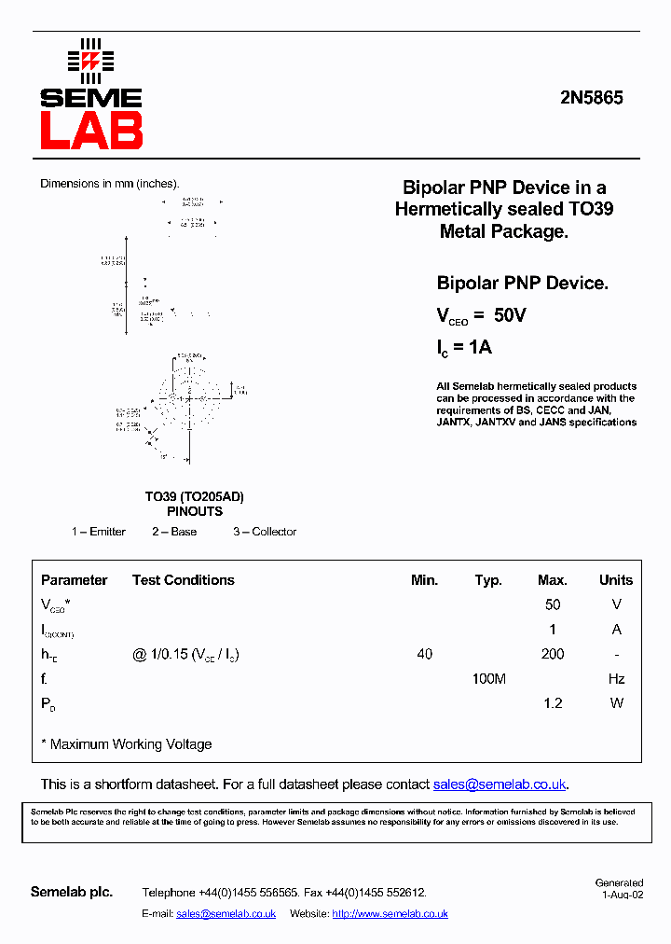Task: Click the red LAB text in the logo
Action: (x=90, y=131)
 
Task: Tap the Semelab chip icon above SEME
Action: (x=90, y=61)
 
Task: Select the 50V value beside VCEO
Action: (x=510, y=315)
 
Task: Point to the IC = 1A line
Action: (x=464, y=348)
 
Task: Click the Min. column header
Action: (x=424, y=580)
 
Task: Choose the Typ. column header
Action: (x=488, y=580)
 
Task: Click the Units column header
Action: (x=616, y=580)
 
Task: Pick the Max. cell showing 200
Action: (x=553, y=654)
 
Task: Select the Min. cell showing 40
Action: (x=424, y=654)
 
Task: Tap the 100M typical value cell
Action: (x=488, y=679)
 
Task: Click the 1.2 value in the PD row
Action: (x=553, y=703)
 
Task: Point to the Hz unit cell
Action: (x=616, y=679)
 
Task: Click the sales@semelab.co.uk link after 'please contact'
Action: (x=500, y=784)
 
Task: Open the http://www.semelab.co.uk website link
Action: (x=390, y=914)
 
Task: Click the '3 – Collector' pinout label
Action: (x=265, y=532)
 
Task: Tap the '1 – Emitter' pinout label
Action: (x=99, y=532)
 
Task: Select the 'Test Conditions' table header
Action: (x=183, y=580)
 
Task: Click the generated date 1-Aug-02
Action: (x=622, y=894)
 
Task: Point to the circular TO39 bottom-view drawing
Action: (x=189, y=398)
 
